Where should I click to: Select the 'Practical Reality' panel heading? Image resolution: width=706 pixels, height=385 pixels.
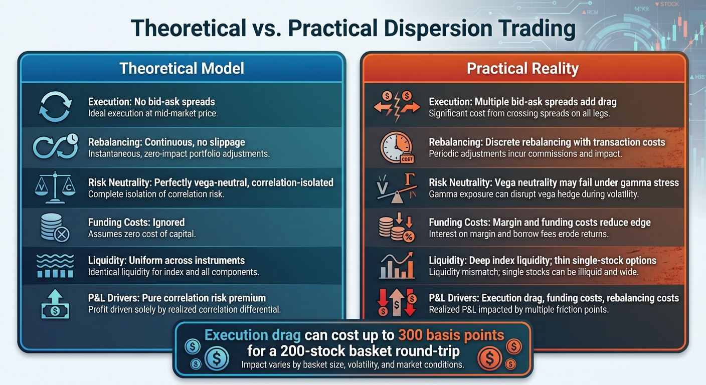522,68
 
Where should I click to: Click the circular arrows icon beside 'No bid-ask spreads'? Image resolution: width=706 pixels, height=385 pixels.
55,106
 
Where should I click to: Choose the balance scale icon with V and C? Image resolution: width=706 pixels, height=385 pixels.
55,187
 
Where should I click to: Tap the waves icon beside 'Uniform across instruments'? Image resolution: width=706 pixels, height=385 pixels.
55,266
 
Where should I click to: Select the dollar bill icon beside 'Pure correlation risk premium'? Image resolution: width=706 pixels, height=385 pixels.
55,304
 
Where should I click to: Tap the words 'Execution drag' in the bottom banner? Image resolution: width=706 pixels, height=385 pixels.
257,334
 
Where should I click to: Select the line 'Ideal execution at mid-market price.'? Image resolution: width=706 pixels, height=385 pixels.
153,113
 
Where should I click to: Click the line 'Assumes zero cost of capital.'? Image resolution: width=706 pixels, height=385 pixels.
142,234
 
